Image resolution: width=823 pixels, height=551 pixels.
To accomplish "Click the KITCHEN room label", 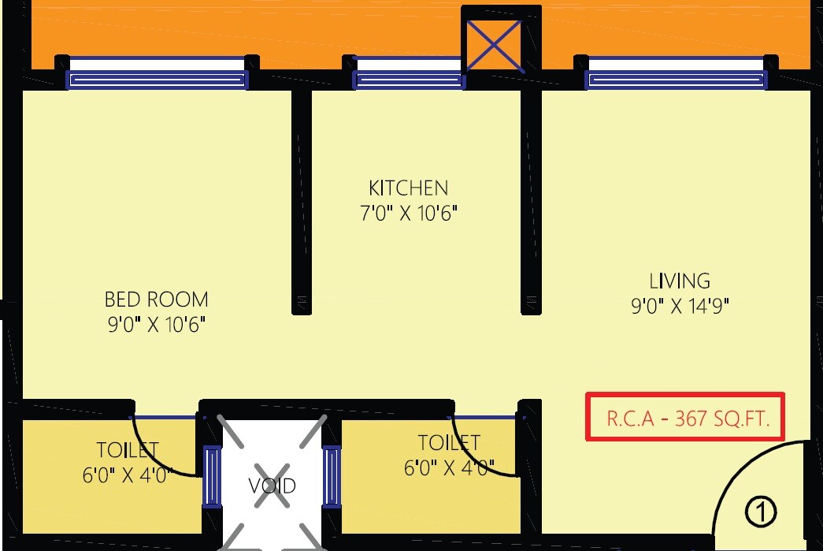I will [x=408, y=188].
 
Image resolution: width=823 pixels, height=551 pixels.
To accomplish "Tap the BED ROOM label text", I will [x=157, y=300].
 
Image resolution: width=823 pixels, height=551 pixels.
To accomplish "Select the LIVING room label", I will [x=680, y=281].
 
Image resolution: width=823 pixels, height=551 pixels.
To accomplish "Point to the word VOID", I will [x=272, y=486].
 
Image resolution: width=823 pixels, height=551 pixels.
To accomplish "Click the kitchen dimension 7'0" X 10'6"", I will [x=408, y=213].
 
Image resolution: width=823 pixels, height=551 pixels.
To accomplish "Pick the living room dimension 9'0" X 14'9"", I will [x=680, y=306].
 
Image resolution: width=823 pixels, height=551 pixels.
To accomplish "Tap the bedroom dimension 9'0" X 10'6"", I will [x=157, y=325].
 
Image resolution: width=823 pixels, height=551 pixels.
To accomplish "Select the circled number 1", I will [x=761, y=513].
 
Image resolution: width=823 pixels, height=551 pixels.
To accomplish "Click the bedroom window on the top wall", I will [x=158, y=79].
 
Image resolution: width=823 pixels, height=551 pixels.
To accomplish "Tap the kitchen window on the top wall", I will [x=407, y=80].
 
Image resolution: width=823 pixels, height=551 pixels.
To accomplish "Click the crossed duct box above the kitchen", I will [x=493, y=46].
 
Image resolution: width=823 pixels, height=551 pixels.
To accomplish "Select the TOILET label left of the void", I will [x=128, y=450].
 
